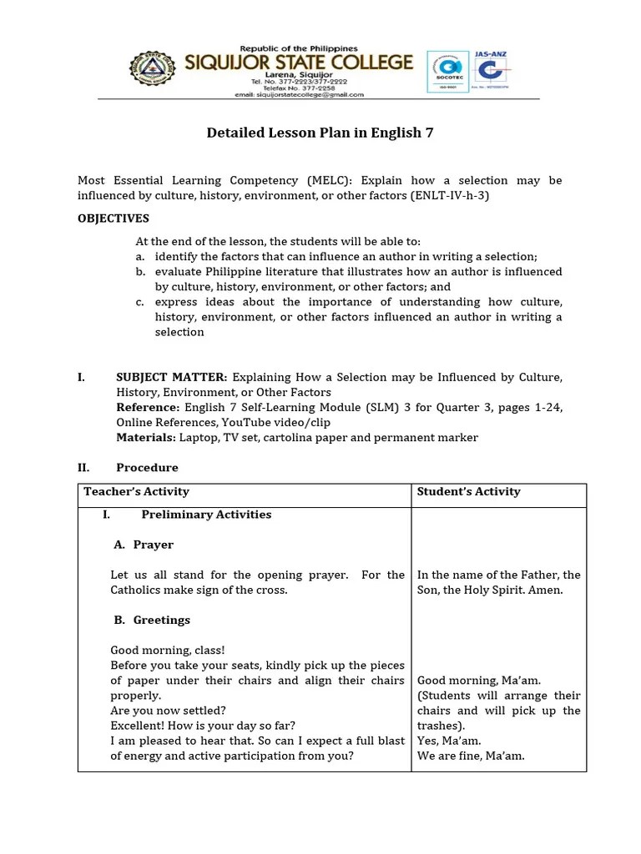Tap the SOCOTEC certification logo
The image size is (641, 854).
point(447,73)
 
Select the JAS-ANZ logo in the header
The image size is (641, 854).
point(490,73)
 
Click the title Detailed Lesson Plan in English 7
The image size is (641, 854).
point(320,133)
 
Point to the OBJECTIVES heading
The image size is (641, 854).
point(114,219)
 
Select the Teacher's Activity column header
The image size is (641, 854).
point(136,492)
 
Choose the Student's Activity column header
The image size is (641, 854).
point(468,492)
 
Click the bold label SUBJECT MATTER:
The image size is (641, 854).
point(171,378)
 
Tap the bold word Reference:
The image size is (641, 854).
point(148,408)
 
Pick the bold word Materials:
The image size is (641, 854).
point(146,438)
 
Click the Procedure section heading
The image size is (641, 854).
point(147,468)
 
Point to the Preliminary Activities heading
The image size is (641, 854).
point(206,515)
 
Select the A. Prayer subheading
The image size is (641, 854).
point(144,545)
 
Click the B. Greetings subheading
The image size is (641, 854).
point(152,620)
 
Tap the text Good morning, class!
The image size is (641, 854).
point(168,650)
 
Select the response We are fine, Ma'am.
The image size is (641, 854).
point(471,756)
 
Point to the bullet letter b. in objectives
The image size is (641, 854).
point(140,272)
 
